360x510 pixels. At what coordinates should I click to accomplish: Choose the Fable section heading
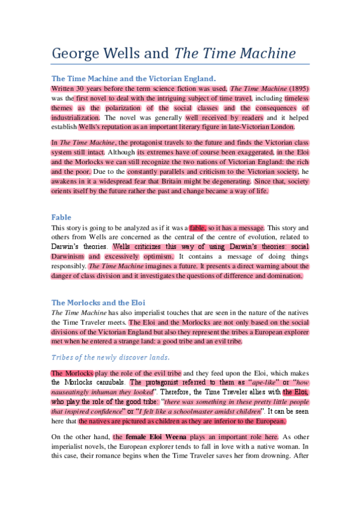click(61, 217)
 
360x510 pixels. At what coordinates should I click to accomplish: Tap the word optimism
click(154, 256)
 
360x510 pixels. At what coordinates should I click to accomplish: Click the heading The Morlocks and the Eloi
click(98, 303)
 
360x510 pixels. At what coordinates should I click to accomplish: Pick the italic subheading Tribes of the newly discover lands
click(111, 357)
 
